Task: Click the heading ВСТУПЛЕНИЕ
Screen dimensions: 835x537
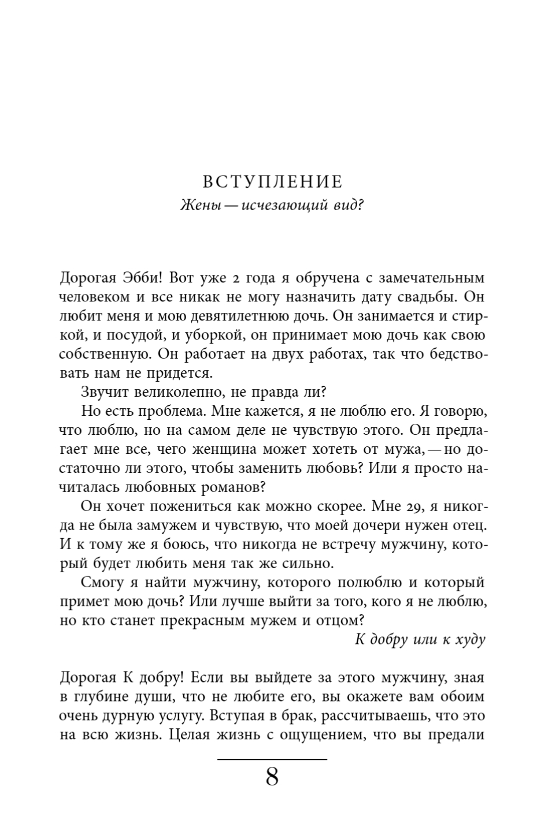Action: point(272,182)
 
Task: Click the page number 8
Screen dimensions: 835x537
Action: point(272,778)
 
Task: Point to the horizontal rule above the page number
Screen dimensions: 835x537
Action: point(272,758)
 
